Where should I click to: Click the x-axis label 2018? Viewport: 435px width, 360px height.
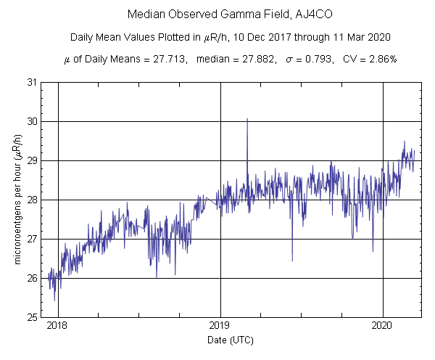point(57,326)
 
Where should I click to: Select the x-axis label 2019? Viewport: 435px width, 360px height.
point(220,326)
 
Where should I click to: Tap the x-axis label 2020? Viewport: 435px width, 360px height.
point(383,326)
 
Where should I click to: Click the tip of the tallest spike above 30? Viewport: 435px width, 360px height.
point(247,118)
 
